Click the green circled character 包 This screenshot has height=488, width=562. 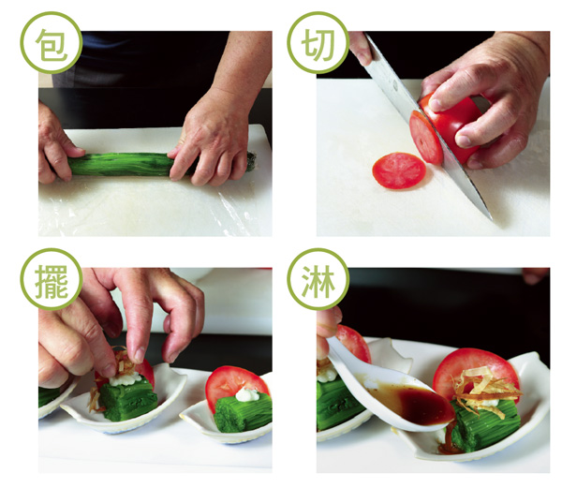(x=52, y=44)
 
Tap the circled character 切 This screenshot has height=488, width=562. (x=318, y=44)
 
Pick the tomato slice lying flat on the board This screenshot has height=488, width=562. (x=399, y=170)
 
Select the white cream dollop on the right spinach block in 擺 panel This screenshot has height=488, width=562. (x=247, y=394)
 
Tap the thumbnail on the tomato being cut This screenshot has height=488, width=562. (x=436, y=105)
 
